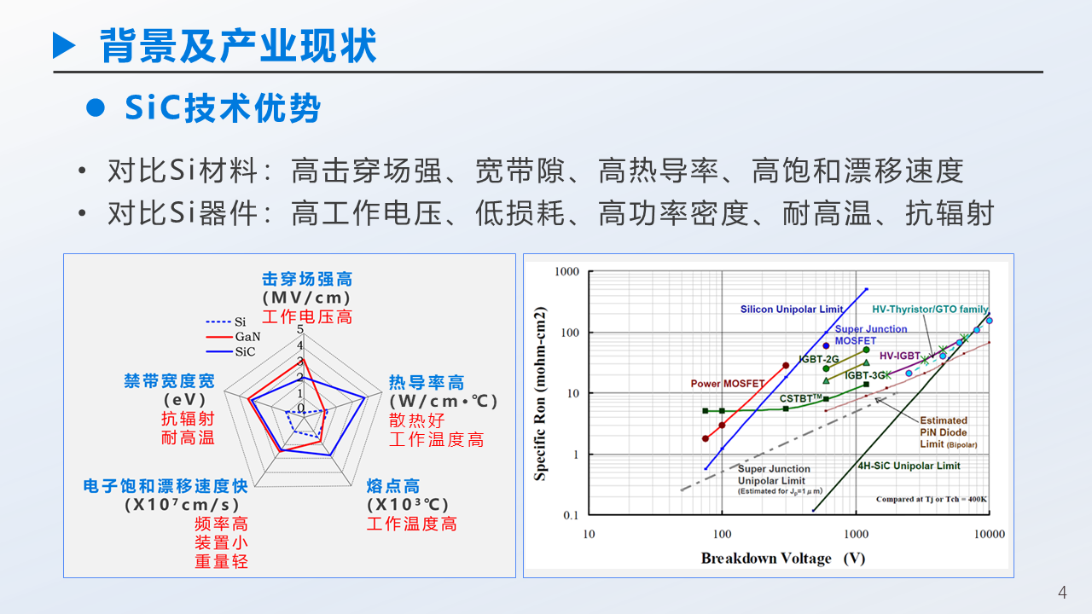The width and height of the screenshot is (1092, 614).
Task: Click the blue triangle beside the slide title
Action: pyautogui.click(x=65, y=45)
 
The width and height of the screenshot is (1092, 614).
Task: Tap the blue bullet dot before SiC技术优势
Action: pyautogui.click(x=96, y=108)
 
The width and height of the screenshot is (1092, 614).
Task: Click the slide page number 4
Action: pyautogui.click(x=1062, y=593)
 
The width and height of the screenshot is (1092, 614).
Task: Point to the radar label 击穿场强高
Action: pyautogui.click(x=306, y=280)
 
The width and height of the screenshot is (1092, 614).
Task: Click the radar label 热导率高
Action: pyautogui.click(x=427, y=383)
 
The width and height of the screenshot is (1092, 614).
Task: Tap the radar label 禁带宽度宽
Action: pyautogui.click(x=169, y=381)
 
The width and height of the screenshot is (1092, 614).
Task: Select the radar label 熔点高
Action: pyautogui.click(x=393, y=486)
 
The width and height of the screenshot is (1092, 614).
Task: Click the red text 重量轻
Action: pyautogui.click(x=221, y=561)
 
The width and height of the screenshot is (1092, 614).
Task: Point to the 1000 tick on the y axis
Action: pyautogui.click(x=566, y=272)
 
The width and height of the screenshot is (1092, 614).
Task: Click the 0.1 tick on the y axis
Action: pyautogui.click(x=570, y=515)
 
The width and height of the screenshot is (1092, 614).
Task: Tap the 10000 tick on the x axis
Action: pyautogui.click(x=989, y=534)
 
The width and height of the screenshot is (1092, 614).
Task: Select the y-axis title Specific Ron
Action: pyautogui.click(x=540, y=393)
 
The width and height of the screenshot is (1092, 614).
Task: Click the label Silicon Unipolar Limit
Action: pyautogui.click(x=792, y=310)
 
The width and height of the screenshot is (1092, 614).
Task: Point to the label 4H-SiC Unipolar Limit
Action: pyautogui.click(x=909, y=466)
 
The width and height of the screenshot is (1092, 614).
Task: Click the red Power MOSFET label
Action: pyautogui.click(x=727, y=384)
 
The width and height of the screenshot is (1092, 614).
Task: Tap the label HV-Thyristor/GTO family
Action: pyautogui.click(x=930, y=310)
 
